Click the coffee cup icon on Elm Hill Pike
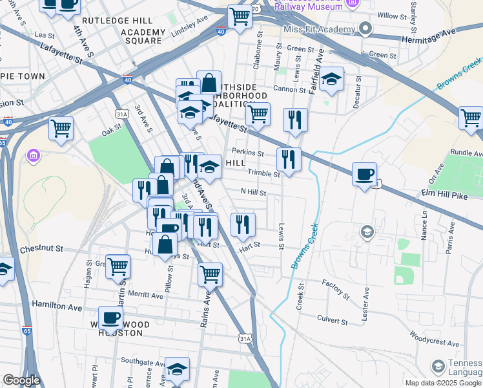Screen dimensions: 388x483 365,174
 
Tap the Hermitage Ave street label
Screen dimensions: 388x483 449,31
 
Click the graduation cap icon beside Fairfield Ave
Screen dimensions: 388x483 331,80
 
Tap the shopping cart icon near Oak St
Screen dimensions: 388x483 61,128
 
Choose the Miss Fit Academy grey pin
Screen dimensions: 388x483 365,30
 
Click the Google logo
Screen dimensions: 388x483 21,380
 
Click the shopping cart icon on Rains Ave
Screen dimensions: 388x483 210,274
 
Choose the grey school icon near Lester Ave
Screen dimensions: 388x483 367,232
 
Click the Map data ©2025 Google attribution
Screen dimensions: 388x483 443,383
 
